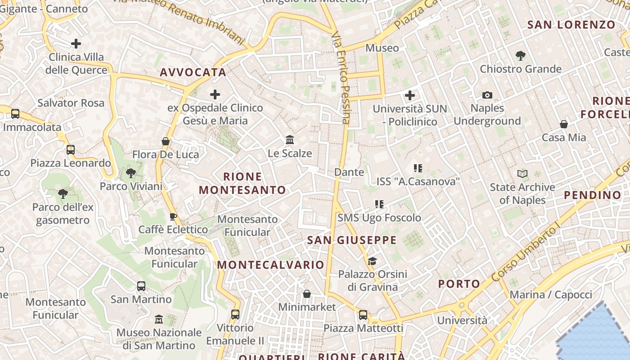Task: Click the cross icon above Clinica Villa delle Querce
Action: (76, 44)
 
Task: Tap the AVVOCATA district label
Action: (193, 72)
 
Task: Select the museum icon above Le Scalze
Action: (290, 140)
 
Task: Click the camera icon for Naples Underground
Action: (487, 95)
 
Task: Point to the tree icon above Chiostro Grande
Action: (520, 56)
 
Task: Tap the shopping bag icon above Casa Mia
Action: (563, 124)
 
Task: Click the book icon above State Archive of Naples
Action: (522, 174)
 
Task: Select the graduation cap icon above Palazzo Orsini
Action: (372, 261)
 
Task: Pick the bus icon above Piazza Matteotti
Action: (363, 315)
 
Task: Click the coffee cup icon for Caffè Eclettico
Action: (173, 217)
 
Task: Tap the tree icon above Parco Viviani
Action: (131, 173)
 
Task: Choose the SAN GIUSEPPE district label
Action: (352, 240)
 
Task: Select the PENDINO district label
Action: (592, 195)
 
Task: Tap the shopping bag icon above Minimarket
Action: (307, 294)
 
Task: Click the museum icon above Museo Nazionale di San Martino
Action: (158, 319)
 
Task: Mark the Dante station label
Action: (349, 172)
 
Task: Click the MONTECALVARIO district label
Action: (271, 265)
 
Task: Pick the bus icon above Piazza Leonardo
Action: (71, 150)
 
